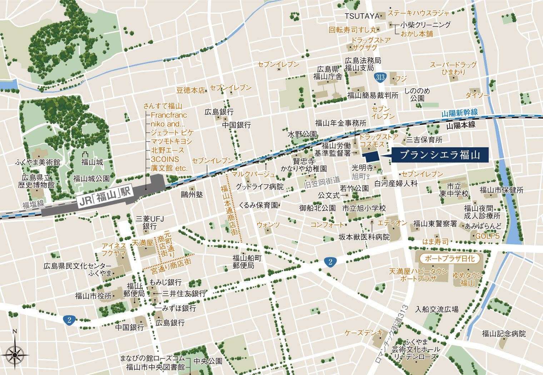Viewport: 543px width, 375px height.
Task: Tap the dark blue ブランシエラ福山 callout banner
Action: coord(439,155)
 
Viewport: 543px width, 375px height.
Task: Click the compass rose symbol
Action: coord(15,355)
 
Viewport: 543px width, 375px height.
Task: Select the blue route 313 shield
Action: coord(380,77)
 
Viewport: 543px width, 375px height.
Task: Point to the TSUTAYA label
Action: coord(362,16)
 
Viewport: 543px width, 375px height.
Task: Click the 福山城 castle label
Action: coord(92,162)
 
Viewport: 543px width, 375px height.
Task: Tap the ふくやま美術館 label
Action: coord(38,162)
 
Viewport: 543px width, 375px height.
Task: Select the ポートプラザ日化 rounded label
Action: coord(449,258)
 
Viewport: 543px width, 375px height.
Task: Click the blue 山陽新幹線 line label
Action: coord(459,113)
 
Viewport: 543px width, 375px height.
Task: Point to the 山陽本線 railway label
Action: coord(461,125)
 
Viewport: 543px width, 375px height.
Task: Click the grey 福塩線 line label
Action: coord(33,204)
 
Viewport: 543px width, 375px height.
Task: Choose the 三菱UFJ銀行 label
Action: coord(150,222)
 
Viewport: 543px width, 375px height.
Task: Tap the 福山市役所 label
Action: coord(93,296)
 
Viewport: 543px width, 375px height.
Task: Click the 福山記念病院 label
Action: coord(504,334)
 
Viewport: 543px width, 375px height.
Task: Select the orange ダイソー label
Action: coord(477,95)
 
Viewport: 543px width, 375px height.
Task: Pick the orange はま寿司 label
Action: coord(435,242)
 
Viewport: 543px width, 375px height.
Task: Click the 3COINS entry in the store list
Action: coord(165,159)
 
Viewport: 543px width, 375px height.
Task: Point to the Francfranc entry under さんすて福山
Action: coord(169,115)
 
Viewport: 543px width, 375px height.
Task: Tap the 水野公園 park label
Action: coord(302,134)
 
